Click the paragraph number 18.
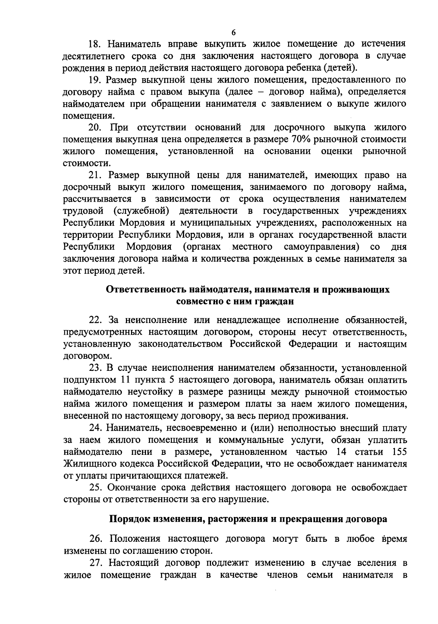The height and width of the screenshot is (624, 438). pos(95,44)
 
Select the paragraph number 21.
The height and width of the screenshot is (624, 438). pos(96,175)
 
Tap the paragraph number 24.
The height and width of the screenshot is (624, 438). pos(96,428)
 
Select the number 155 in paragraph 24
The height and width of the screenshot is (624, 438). pos(399,452)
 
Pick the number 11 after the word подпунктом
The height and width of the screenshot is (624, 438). pos(126,380)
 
